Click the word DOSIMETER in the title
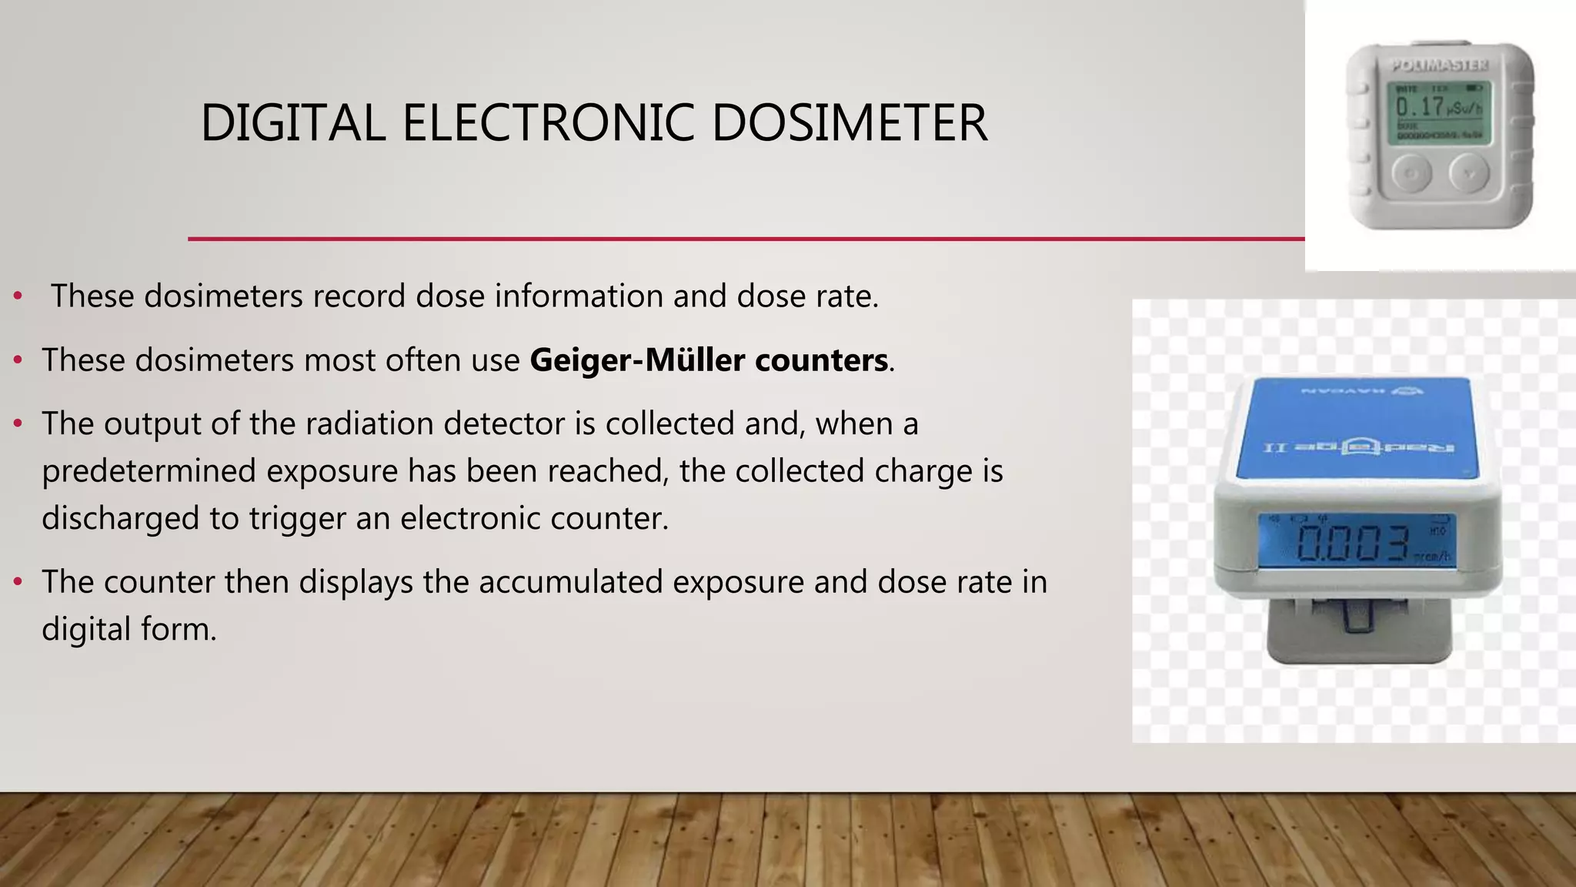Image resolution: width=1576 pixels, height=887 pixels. (850, 123)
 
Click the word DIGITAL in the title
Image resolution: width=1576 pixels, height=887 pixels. (292, 123)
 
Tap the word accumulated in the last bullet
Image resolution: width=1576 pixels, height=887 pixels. (570, 582)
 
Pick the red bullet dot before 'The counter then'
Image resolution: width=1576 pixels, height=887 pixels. (18, 582)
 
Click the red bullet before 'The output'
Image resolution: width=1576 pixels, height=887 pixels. (18, 423)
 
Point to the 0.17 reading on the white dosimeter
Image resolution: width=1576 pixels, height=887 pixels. (1420, 106)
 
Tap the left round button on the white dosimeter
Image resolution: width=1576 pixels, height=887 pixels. (1411, 173)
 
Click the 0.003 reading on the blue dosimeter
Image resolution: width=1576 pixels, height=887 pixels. (1352, 543)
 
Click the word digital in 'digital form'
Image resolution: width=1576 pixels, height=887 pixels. (85, 630)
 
